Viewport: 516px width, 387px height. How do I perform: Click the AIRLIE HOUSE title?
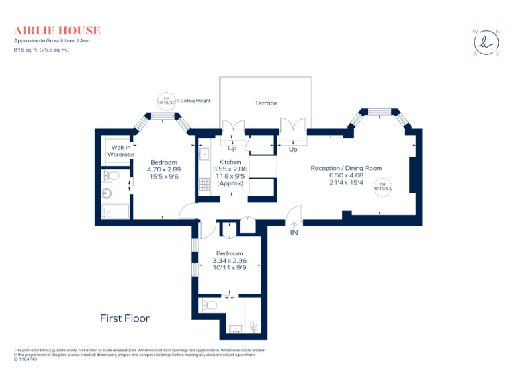pos(57,30)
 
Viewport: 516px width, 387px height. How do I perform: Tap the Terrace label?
pos(265,103)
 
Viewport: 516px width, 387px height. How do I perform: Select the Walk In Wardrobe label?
pos(121,150)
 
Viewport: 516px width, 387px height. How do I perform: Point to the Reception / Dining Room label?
pos(345,168)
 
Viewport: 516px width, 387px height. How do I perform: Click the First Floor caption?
pos(125,318)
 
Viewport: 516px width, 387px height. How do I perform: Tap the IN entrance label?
pos(294,232)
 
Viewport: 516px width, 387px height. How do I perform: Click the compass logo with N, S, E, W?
pos(486,42)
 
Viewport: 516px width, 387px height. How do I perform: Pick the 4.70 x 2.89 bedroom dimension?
pos(164,170)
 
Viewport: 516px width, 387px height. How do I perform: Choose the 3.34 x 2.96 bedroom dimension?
pos(229,260)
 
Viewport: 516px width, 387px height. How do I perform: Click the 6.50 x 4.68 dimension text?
pos(345,175)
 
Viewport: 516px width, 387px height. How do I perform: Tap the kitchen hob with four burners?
pos(205,183)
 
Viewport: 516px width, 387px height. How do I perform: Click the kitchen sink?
pos(204,153)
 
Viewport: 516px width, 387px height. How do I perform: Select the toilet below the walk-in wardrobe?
pos(113,176)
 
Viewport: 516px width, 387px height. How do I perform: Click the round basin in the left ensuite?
pos(107,194)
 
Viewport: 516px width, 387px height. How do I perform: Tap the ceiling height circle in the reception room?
pos(383,186)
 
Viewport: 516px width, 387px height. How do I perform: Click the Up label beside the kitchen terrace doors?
pos(233,149)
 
